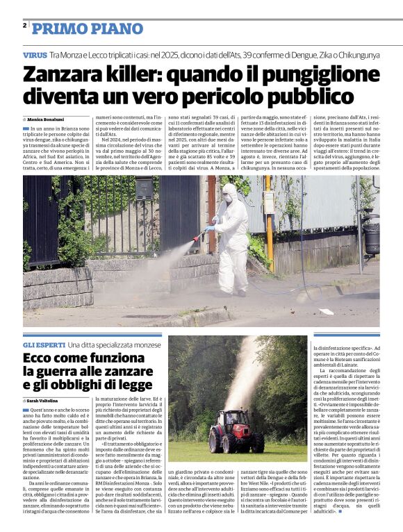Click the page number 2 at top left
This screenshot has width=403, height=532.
(x=24, y=26)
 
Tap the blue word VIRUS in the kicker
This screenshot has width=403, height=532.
(x=35, y=54)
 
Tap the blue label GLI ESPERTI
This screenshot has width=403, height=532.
(x=44, y=345)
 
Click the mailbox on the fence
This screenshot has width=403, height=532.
(x=144, y=189)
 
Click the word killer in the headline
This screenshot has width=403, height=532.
(x=126, y=74)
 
